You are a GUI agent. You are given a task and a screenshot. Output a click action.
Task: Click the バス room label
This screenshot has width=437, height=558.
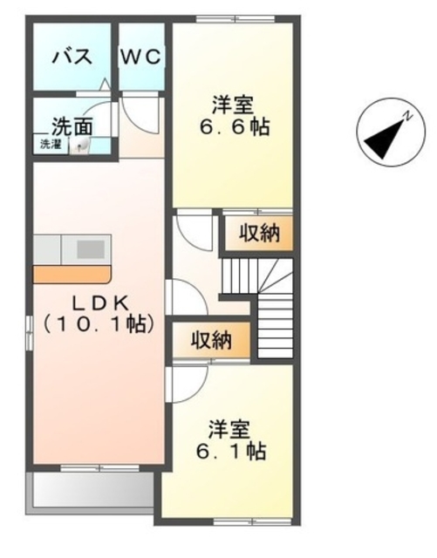[72, 57]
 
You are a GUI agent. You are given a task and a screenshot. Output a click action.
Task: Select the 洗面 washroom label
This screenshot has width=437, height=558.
[72, 125]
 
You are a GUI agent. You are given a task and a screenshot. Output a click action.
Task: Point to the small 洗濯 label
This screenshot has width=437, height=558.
[49, 144]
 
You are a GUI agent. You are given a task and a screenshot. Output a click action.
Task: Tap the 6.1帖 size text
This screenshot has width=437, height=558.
[231, 453]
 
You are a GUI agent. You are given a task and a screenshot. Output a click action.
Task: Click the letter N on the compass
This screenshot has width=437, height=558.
[406, 116]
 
